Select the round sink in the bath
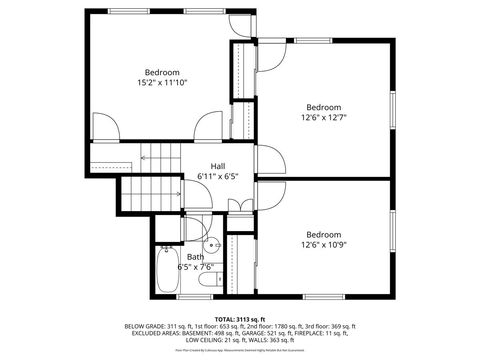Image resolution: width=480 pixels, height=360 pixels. pos(213,243)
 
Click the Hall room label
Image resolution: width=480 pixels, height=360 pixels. pos(217,166)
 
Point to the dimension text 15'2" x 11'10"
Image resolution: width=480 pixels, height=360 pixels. pos(162,83)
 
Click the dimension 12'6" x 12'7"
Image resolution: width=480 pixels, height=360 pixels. pos(324,117)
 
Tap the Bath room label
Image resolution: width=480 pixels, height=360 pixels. pos(194,257)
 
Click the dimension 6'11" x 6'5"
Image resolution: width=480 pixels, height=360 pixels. pos(217,177)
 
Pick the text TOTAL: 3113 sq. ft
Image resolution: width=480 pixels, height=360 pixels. pos(240,319)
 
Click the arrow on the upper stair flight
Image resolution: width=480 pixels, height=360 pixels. pos(150,155)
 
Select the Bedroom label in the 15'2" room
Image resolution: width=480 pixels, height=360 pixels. pos(162,72)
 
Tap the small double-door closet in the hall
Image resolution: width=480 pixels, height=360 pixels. pos(240,205)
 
